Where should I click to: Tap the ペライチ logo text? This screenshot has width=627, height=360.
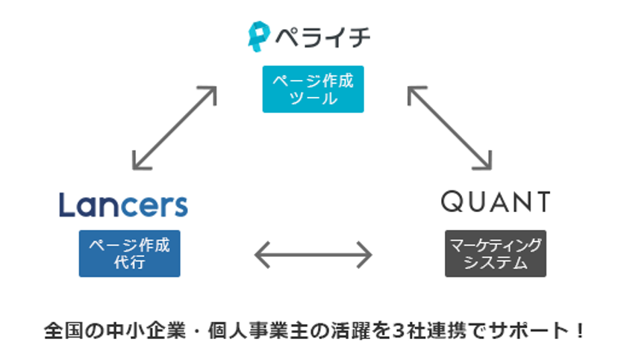(x=321, y=37)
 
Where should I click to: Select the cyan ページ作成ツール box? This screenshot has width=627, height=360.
(x=313, y=90)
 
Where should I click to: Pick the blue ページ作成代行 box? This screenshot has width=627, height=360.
(x=129, y=253)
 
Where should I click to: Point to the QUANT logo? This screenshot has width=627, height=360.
(x=495, y=202)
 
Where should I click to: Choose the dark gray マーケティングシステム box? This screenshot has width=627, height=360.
(x=495, y=253)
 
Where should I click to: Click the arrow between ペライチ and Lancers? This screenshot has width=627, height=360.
(x=174, y=127)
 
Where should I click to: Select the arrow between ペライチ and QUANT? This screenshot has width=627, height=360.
(x=449, y=127)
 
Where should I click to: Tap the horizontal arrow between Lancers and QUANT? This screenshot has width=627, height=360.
(x=313, y=255)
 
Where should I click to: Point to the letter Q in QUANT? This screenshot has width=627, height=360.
(x=451, y=202)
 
